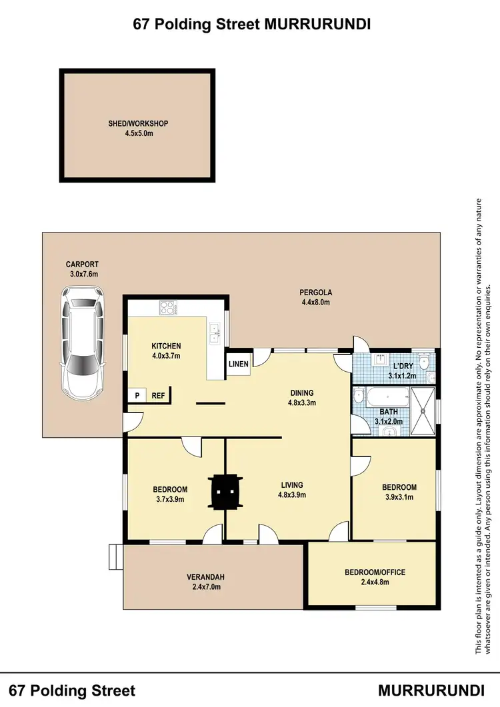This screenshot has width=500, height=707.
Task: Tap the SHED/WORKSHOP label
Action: [x=138, y=123]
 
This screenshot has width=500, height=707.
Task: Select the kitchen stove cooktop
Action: [x=167, y=308]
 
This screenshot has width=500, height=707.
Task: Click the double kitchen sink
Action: [x=215, y=331]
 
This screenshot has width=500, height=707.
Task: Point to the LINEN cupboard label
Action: [x=239, y=364]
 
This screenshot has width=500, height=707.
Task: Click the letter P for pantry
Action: [x=137, y=395]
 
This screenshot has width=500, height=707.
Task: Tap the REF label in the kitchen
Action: [x=159, y=395]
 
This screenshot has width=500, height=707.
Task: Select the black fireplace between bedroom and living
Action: [x=225, y=492]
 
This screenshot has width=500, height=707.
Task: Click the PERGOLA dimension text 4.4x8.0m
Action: [x=316, y=302]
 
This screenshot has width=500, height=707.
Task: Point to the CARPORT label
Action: [x=82, y=265]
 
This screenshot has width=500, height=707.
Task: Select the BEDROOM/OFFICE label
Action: [x=375, y=572]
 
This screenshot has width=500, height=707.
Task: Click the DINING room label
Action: [x=301, y=393]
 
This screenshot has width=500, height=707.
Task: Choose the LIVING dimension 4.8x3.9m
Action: [x=292, y=494]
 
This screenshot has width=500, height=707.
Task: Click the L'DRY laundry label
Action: [x=403, y=367]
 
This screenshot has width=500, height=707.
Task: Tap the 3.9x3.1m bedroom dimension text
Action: [x=399, y=496]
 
